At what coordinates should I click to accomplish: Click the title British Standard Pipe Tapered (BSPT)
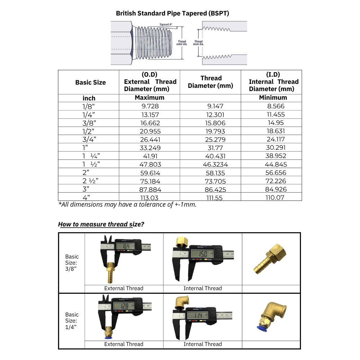(x=172, y=13)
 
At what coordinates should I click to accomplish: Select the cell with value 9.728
(x=149, y=106)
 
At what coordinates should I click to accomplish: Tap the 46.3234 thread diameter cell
(x=211, y=165)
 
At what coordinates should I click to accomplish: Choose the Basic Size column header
(x=90, y=82)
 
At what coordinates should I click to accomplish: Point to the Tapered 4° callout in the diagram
(x=166, y=24)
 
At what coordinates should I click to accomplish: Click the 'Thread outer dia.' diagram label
(x=181, y=43)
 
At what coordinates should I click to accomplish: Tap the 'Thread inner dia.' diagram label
(x=198, y=43)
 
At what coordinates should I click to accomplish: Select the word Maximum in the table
(x=149, y=98)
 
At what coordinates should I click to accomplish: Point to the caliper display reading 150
(x=203, y=255)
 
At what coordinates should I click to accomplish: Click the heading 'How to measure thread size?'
(x=101, y=224)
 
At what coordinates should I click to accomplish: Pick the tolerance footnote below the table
(x=127, y=204)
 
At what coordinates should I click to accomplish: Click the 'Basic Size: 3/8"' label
(x=72, y=263)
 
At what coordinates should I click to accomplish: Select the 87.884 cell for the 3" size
(x=149, y=189)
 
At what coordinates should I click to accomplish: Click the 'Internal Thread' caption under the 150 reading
(x=203, y=288)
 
